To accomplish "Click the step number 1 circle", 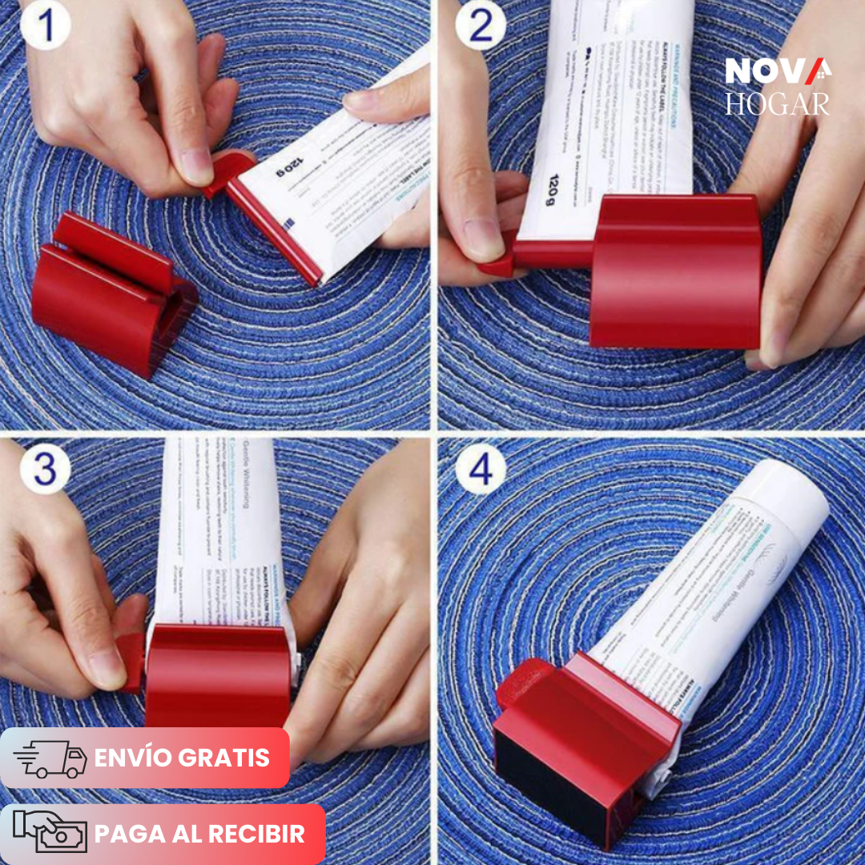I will click(46, 26).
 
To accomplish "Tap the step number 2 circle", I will click(481, 26).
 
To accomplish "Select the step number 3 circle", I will click(45, 471).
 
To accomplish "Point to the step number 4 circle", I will click(481, 471).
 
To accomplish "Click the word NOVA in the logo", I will click(778, 71).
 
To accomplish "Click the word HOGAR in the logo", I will click(778, 104).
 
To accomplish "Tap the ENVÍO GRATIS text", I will click(182, 758).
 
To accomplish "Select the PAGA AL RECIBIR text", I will click(199, 834).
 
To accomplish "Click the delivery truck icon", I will click(50, 758).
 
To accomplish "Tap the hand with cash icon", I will click(50, 834).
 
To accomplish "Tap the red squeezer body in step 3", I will click(217, 677).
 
